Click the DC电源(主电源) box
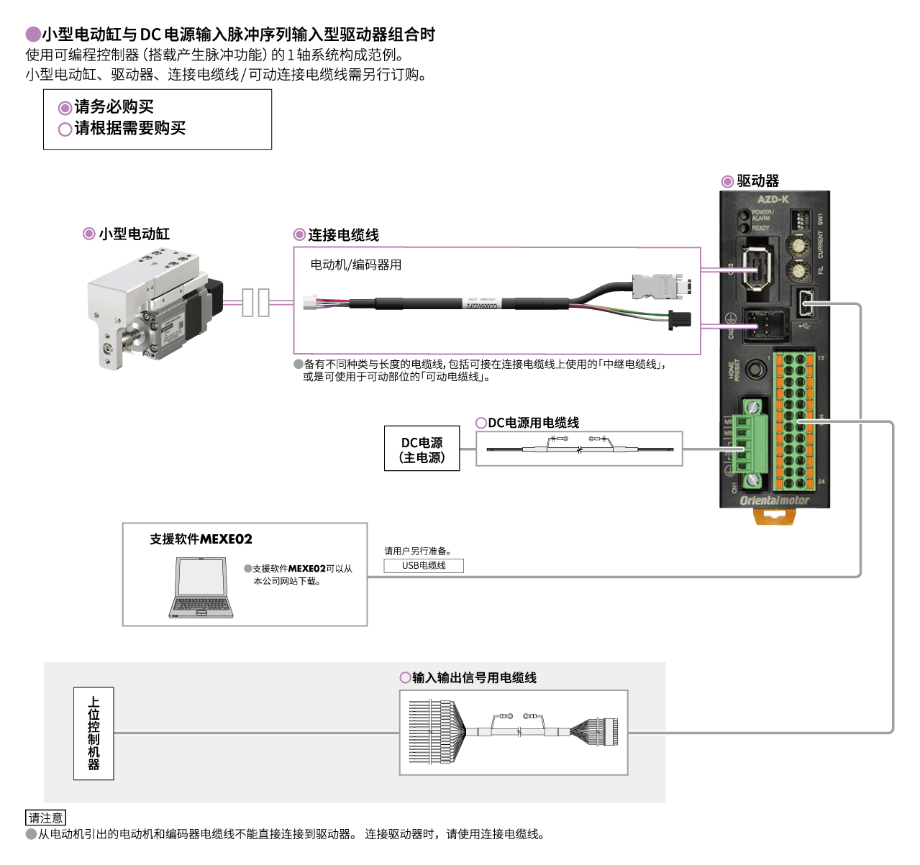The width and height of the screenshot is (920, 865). click(x=422, y=449)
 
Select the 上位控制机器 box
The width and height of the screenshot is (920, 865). click(x=94, y=733)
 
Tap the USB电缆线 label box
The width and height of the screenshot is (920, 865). click(x=424, y=566)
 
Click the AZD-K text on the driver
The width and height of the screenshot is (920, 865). click(x=773, y=200)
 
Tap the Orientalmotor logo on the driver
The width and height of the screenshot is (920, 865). click(x=774, y=500)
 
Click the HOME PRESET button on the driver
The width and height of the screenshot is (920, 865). click(x=755, y=370)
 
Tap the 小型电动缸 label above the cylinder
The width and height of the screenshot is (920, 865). click(x=134, y=234)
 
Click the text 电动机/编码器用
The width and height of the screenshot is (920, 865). click(x=356, y=265)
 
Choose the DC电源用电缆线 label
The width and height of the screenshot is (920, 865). click(x=533, y=423)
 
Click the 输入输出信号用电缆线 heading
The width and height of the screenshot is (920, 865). click(x=474, y=678)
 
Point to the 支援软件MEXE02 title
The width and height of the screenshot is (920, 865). click(x=201, y=539)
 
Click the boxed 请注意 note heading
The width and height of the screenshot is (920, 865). click(x=45, y=818)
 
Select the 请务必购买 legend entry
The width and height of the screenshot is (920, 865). click(x=114, y=107)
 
